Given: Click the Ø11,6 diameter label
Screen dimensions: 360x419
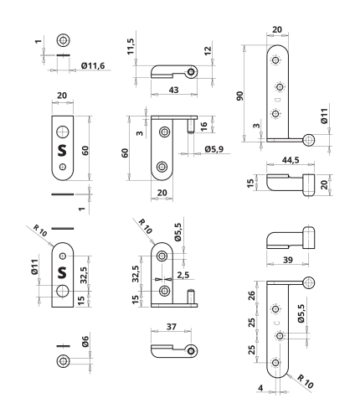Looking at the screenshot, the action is point(93,66).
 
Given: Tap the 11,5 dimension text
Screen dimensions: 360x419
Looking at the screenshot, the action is point(131,46).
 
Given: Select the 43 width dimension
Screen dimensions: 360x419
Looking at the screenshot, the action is point(173,90).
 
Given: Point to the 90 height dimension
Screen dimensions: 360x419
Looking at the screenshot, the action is point(239,96).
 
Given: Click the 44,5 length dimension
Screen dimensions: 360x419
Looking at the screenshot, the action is point(291,160).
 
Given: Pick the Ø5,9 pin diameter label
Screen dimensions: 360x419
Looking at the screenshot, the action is point(214,149).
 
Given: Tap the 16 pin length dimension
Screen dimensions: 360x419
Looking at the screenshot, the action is point(204,127).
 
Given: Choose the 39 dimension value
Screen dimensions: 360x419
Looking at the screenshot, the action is point(288,260).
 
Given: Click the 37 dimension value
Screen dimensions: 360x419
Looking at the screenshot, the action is point(172,327).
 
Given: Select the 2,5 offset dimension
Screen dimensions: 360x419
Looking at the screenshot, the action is point(183,275).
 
